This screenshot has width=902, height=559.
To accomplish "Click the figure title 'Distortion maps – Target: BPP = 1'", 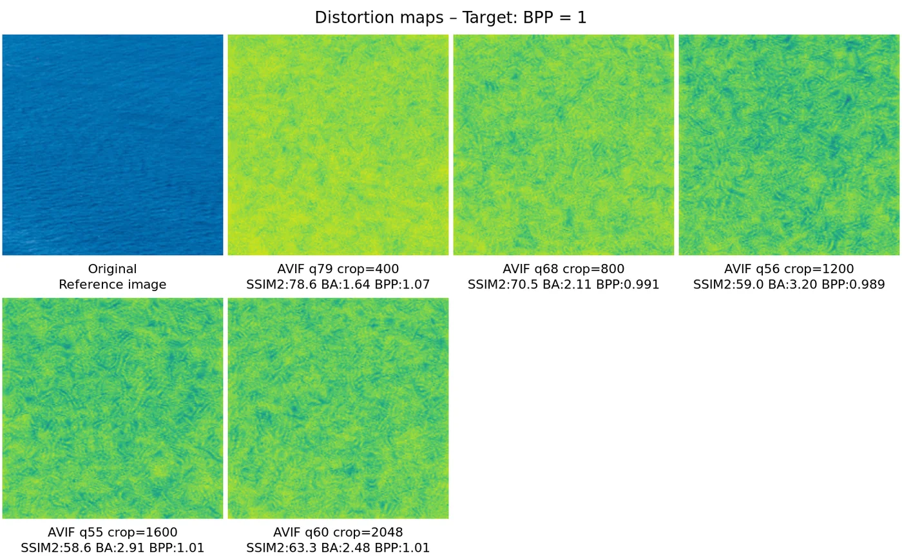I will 450,17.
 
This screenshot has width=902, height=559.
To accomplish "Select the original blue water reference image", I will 113,145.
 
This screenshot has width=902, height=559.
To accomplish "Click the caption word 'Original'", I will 113,269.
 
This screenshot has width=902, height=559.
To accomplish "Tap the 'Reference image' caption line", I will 113,285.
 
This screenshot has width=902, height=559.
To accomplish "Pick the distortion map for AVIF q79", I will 338,145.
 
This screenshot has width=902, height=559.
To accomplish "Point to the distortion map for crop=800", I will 564,145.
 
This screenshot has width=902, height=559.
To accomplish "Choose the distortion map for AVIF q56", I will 789,145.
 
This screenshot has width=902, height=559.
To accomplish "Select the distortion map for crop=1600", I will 113,408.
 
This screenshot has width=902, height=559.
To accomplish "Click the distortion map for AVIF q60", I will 338,408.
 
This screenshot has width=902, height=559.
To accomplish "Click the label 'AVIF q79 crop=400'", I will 338,269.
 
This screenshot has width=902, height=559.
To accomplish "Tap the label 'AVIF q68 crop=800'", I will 564,269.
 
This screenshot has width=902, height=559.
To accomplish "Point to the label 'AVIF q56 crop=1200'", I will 789,269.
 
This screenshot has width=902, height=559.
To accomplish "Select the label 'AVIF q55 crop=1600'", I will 113,533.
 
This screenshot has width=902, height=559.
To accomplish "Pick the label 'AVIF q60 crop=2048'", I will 338,533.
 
